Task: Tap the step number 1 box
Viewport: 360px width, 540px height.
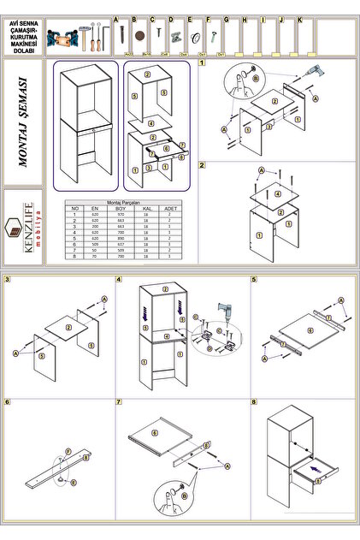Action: tap(202, 62)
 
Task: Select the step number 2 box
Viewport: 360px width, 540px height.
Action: tap(202, 165)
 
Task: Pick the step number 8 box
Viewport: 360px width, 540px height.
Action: tap(254, 401)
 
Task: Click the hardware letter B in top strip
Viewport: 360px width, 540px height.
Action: tap(133, 19)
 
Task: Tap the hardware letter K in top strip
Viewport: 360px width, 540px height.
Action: tap(299, 19)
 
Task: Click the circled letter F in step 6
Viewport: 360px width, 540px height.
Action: tap(68, 449)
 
